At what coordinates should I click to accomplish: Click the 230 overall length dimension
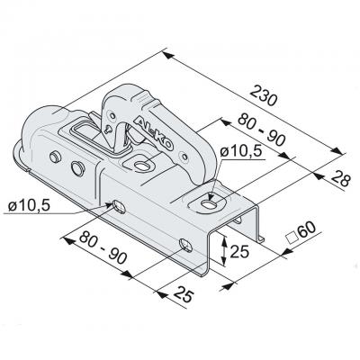[263, 95]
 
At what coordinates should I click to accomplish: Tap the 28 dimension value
[341, 178]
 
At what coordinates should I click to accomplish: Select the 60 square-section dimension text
[307, 230]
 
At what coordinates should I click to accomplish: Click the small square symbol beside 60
[291, 238]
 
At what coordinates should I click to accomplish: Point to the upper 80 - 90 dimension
[261, 130]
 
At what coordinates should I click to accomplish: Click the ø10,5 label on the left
[30, 206]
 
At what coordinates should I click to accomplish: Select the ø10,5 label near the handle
[241, 152]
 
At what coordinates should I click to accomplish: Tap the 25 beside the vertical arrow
[239, 251]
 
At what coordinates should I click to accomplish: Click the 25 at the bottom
[183, 294]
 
